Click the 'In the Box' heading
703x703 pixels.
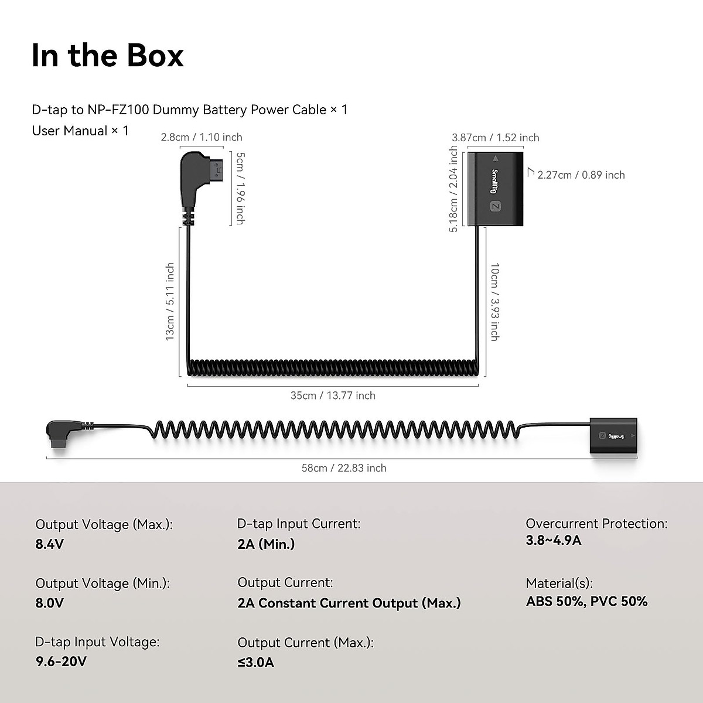click(x=108, y=56)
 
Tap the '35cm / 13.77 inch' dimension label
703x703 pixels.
click(x=333, y=395)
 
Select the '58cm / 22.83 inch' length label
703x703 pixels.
click(x=344, y=468)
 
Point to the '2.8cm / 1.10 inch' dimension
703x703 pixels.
click(x=202, y=137)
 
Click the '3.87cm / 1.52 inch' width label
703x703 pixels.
click(x=496, y=138)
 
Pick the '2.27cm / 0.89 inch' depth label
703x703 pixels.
click(x=581, y=175)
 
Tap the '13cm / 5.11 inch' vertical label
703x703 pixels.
click(x=170, y=301)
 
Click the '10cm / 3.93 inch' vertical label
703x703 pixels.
click(x=494, y=302)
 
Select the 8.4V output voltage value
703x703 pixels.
click(x=50, y=544)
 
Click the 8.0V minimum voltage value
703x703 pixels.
click(x=50, y=603)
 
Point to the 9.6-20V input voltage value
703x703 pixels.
click(x=61, y=662)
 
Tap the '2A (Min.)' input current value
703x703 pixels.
click(x=266, y=544)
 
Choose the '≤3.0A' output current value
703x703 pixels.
click(x=255, y=663)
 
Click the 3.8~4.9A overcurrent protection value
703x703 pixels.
click(x=554, y=540)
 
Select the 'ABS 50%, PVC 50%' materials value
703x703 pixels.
click(x=586, y=602)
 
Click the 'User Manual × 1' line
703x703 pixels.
click(x=80, y=131)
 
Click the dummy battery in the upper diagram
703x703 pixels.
click(x=496, y=189)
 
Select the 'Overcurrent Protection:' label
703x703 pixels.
click(x=596, y=524)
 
